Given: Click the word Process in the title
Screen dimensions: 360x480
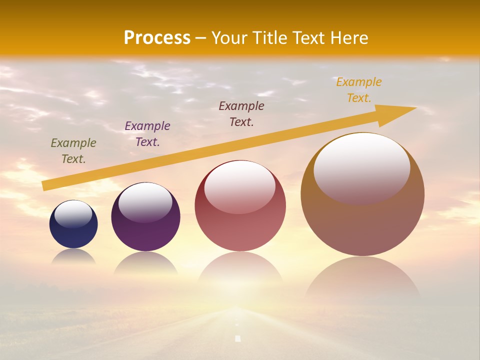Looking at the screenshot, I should coord(157,38).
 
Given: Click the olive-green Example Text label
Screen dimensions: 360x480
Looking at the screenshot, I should coord(73,150).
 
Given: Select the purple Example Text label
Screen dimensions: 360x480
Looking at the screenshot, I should coord(147,133).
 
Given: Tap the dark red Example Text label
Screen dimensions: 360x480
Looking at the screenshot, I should coord(241,113).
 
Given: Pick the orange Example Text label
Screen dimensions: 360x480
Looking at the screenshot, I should coord(358,89).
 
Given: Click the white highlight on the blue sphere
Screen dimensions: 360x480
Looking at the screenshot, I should coord(73,213).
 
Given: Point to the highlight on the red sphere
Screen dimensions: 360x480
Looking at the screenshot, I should coord(240,186).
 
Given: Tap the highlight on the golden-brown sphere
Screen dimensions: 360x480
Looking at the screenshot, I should coord(362,167).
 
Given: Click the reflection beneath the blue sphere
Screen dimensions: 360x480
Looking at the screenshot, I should coord(73,256).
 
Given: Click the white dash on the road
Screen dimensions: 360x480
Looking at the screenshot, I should coord(238,338).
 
